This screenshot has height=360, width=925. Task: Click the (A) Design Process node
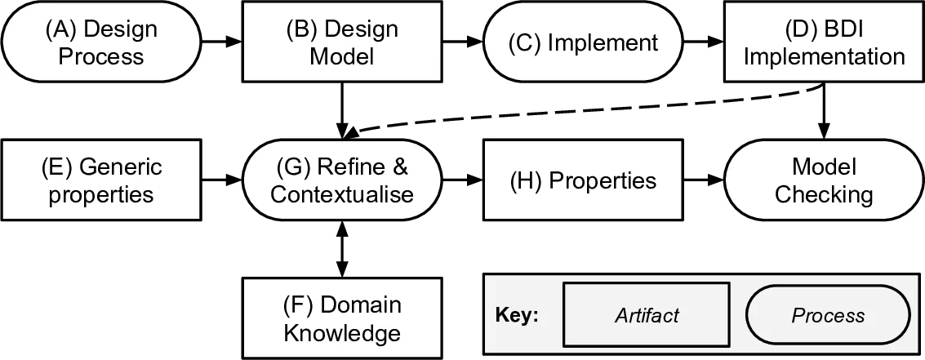[101, 42]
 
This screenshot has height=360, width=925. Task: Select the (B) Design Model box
[342, 42]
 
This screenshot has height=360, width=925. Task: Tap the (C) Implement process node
[582, 42]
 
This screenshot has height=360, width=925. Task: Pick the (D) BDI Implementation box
[824, 42]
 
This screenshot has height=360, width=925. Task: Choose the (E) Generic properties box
[101, 180]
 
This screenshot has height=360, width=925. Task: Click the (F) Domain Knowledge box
[342, 318]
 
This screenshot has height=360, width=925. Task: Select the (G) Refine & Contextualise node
[342, 180]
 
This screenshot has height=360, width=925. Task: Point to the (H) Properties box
[582, 180]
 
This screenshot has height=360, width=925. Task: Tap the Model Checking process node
[824, 180]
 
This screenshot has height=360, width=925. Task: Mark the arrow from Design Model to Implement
[462, 41]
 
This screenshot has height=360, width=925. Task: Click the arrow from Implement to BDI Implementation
[703, 41]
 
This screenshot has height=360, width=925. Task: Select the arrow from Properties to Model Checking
[703, 180]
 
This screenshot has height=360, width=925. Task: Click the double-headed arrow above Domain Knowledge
[342, 249]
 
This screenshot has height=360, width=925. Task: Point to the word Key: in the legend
[518, 316]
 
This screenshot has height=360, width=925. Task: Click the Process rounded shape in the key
[828, 315]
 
